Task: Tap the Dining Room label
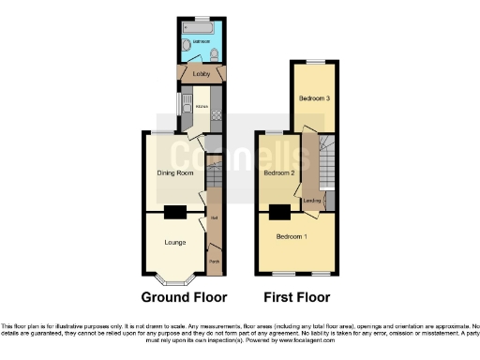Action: coord(173,172)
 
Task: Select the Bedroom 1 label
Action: coord(291,236)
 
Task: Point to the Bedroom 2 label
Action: coord(279,173)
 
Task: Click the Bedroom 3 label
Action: coord(314,98)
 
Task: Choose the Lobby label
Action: coord(200,73)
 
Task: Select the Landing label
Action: coord(312,201)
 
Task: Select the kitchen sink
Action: coord(186,102)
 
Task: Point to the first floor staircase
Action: coord(328,169)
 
